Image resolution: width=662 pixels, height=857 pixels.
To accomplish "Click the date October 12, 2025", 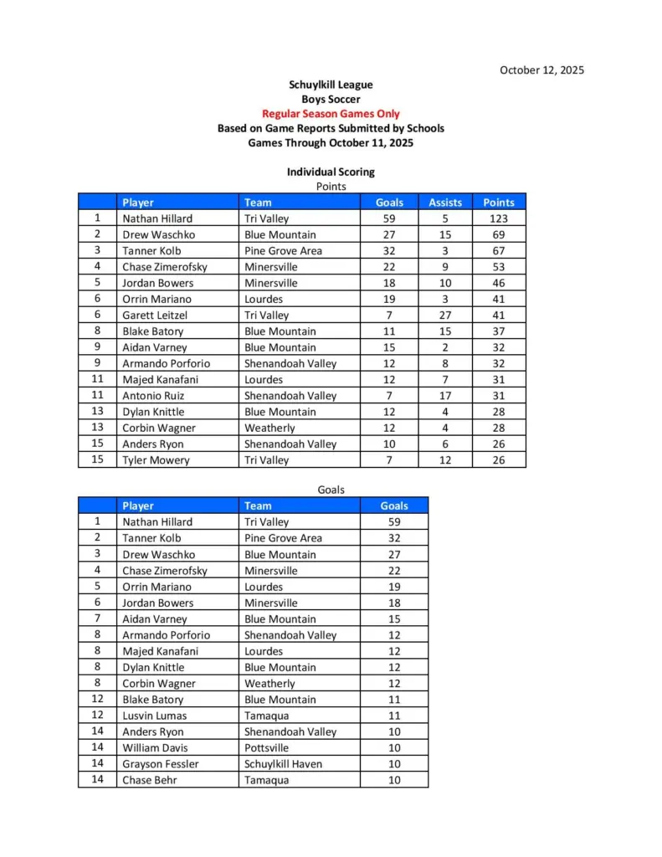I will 541,69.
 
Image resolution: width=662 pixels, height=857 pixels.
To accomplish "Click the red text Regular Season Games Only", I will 331,114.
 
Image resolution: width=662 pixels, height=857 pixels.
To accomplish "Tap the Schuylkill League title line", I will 331,85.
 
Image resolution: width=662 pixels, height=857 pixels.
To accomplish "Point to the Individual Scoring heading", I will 331,172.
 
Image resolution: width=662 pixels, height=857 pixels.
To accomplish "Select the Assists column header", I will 445,203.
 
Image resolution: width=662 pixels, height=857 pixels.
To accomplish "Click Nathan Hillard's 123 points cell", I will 499,218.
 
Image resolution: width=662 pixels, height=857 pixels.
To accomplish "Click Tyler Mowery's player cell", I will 156,460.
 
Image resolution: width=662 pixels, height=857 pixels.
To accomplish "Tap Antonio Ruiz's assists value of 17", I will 445,396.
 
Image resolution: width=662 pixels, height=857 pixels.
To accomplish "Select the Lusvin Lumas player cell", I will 154,716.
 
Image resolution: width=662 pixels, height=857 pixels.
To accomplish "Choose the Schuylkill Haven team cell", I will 283,764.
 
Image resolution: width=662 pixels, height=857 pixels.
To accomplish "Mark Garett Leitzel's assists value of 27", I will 445,316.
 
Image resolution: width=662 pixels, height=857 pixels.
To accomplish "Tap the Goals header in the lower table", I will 394,505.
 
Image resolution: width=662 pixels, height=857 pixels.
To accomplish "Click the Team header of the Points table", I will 258,203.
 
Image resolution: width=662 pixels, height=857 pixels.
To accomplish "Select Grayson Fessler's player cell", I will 160,764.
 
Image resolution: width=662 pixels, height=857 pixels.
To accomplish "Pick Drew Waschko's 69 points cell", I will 499,234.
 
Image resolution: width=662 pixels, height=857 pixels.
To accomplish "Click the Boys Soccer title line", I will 331,100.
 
